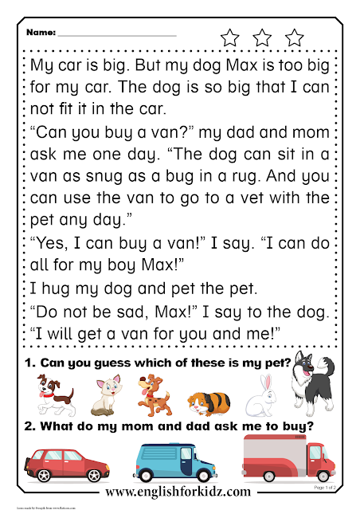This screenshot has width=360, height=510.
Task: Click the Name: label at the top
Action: pyautogui.click(x=41, y=34)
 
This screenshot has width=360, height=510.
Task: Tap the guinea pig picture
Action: pyautogui.click(x=209, y=402)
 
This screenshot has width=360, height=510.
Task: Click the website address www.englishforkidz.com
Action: pyautogui.click(x=179, y=492)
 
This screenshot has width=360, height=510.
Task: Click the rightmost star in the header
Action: pyautogui.click(x=295, y=37)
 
